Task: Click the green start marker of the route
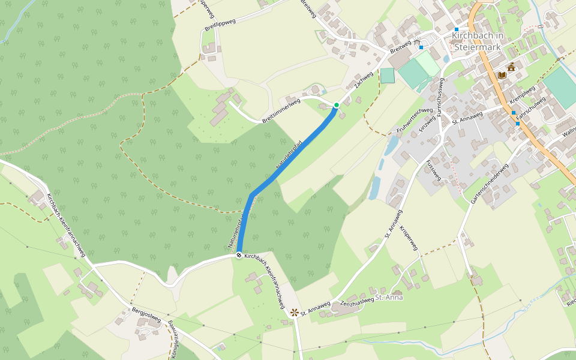click(337, 106)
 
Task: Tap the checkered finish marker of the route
click(239, 256)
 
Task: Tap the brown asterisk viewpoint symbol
click(294, 313)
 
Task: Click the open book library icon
click(502, 76)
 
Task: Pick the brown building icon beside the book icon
click(512, 68)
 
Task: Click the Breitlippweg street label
click(220, 25)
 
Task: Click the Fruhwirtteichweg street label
click(415, 121)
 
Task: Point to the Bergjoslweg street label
click(146, 316)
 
